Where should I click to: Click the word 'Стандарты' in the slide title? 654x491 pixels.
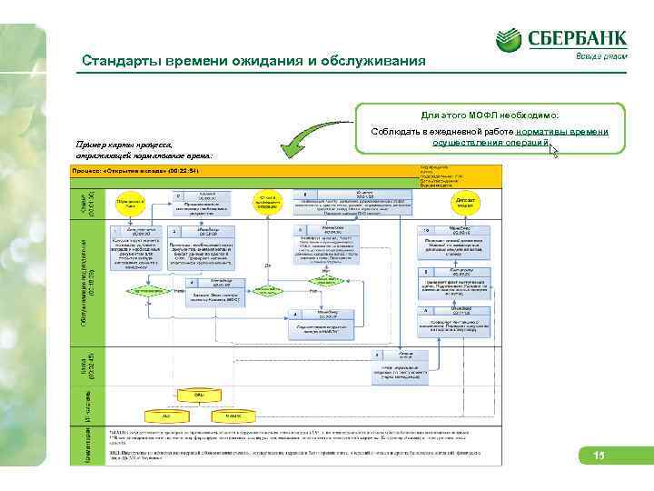pyautogui.click(x=116, y=62)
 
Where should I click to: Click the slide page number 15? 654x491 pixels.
pyautogui.click(x=599, y=456)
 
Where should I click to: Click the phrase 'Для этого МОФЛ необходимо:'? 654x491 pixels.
pyautogui.click(x=490, y=116)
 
